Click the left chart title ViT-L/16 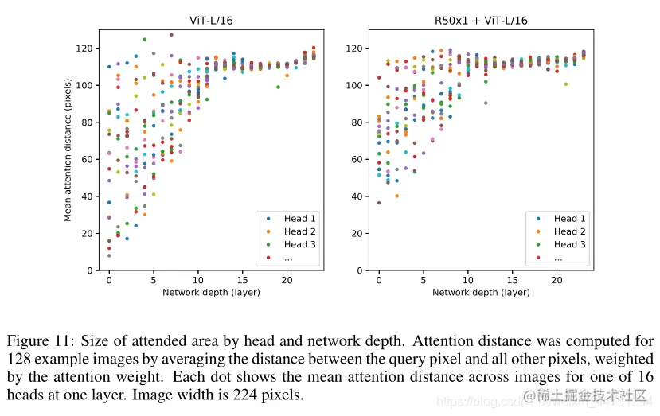(x=212, y=21)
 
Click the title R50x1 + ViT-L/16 (x=481, y=21)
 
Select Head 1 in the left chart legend (x=299, y=219)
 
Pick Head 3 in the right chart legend (x=570, y=244)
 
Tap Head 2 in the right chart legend (x=570, y=231)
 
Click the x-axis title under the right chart (x=481, y=293)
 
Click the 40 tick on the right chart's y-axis (x=358, y=196)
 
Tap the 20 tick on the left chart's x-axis (x=287, y=281)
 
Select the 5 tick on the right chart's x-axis (x=424, y=281)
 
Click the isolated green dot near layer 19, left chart (x=278, y=87)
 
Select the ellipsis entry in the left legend (x=290, y=258)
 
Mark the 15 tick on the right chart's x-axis (x=513, y=281)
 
